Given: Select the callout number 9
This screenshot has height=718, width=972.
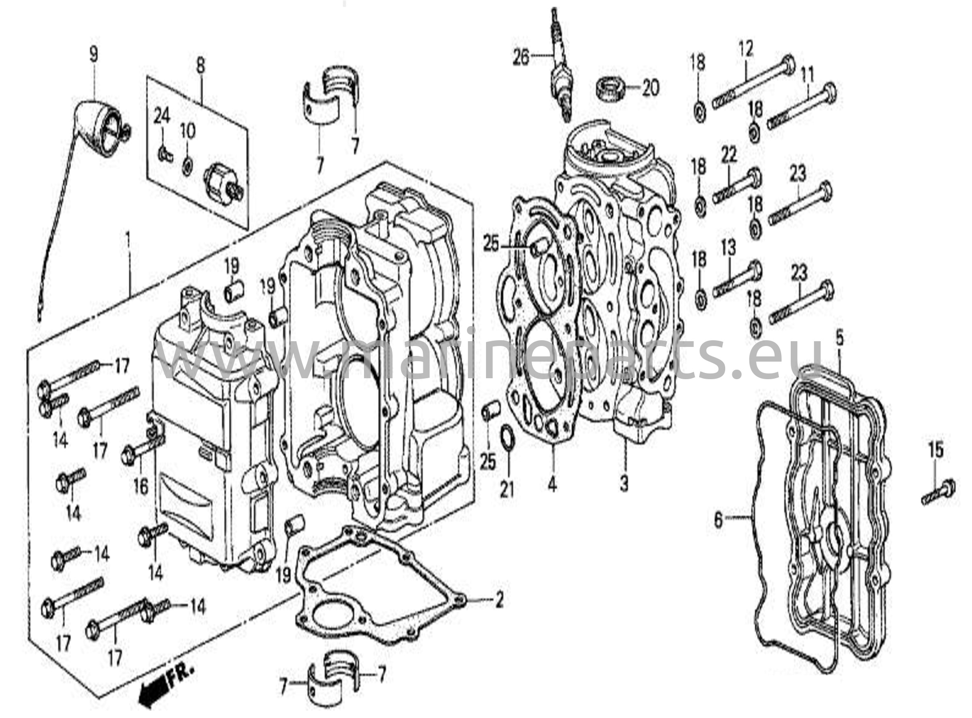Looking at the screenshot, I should (x=93, y=54).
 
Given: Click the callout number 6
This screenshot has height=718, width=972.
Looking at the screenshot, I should (x=718, y=520).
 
